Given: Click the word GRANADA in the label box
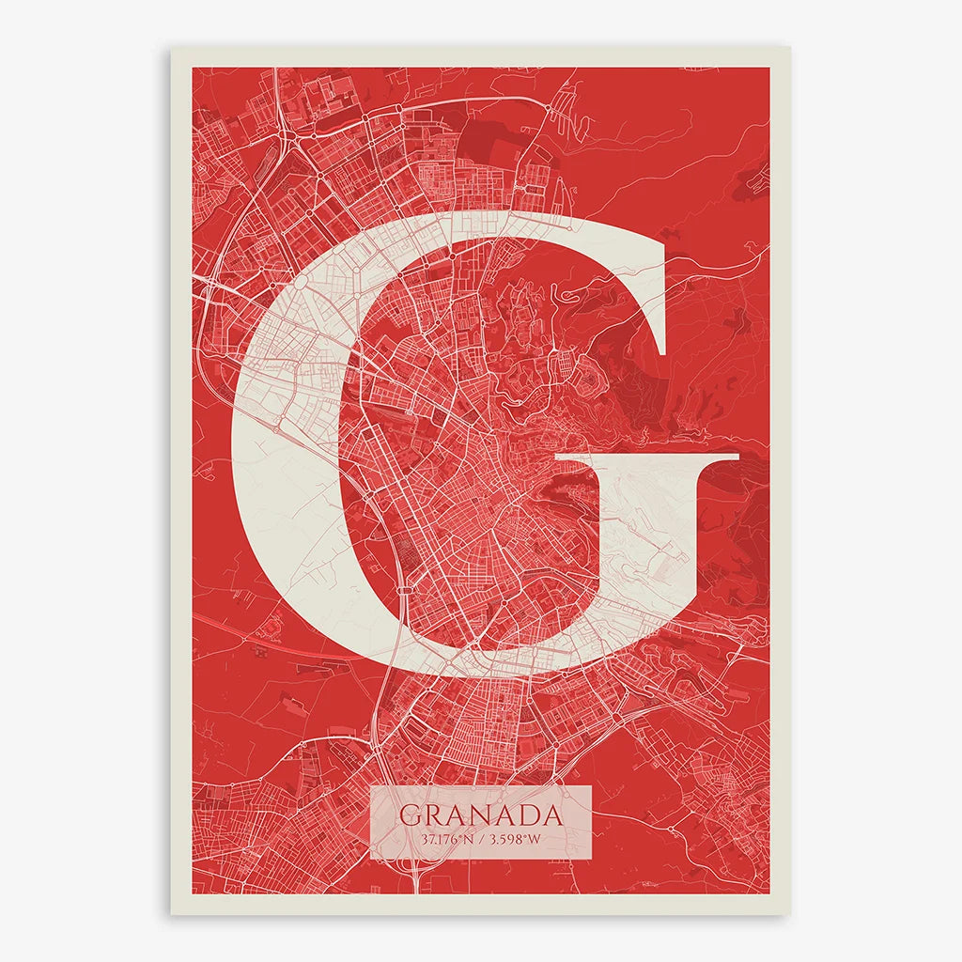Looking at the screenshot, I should [x=480, y=815].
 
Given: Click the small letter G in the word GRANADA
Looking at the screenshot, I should [x=410, y=815].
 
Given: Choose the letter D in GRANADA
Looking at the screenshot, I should [x=527, y=815].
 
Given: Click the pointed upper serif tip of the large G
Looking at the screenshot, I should [x=665, y=354].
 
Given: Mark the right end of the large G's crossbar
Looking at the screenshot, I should [x=739, y=457].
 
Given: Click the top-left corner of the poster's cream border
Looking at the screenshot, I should [x=171, y=48].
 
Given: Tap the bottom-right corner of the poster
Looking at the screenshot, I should [x=789, y=914].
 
